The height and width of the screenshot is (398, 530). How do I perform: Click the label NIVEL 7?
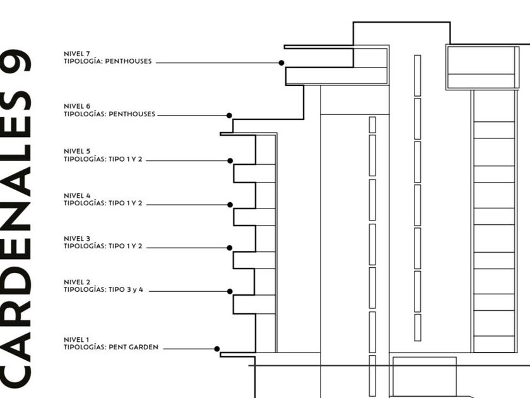pyautogui.click(x=77, y=54)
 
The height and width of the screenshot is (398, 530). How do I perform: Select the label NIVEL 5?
pyautogui.click(x=77, y=152)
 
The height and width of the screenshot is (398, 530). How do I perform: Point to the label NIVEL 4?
pyautogui.click(x=77, y=196)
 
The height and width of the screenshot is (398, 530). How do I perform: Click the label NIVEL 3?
pyautogui.click(x=77, y=239)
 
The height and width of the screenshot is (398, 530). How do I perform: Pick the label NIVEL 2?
pyautogui.click(x=77, y=282)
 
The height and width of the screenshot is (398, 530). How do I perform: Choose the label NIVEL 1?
pyautogui.click(x=77, y=340)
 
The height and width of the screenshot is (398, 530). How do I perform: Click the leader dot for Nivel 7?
pyautogui.click(x=281, y=63)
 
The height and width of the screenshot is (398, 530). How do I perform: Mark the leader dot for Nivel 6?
pyautogui.click(x=229, y=116)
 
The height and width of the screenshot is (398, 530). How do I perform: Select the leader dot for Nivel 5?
pyautogui.click(x=230, y=160)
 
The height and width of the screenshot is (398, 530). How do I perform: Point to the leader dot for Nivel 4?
pyautogui.click(x=230, y=205)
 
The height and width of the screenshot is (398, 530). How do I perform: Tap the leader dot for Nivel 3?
pyautogui.click(x=230, y=248)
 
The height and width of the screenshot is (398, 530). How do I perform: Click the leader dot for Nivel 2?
pyautogui.click(x=230, y=291)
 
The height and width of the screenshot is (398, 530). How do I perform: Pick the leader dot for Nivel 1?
pyautogui.click(x=217, y=349)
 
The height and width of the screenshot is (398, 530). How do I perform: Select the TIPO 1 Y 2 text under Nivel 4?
pyautogui.click(x=126, y=203)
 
